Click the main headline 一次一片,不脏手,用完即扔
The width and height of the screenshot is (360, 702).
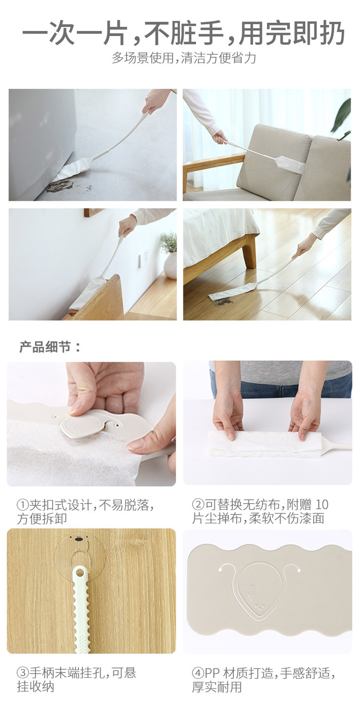183,33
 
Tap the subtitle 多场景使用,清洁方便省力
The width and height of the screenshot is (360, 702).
184,58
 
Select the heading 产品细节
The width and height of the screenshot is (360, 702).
50,347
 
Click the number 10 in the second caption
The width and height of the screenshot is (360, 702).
322,505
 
